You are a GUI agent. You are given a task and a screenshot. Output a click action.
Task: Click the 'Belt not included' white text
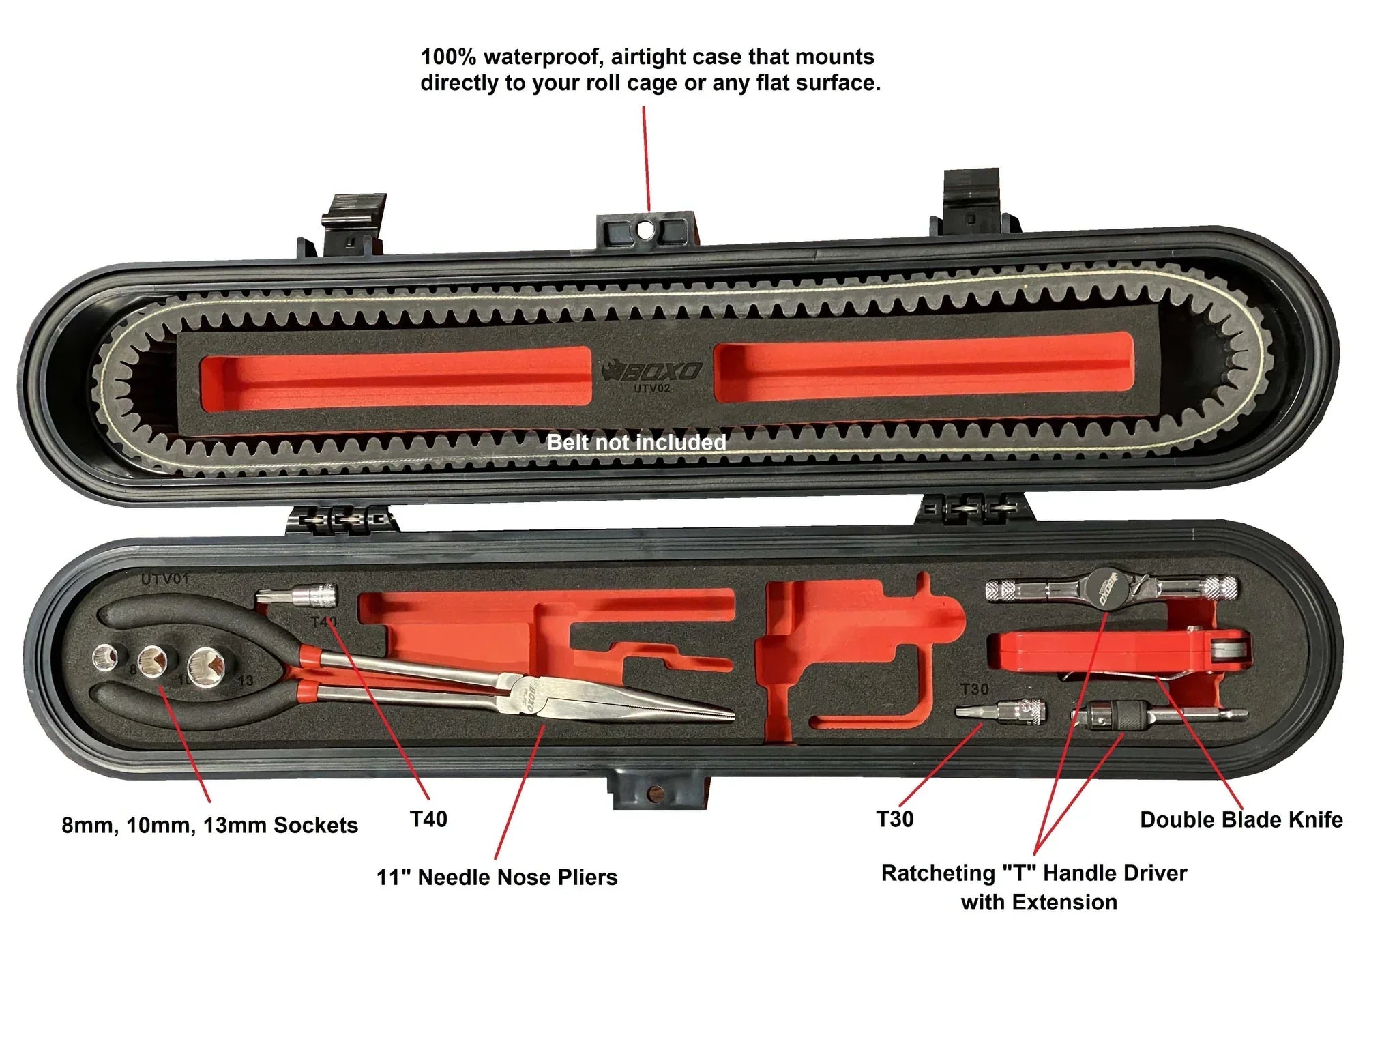point(636,442)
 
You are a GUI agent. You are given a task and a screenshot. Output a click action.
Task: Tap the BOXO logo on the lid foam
point(653,372)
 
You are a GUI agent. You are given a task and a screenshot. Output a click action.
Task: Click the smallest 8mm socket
point(106,656)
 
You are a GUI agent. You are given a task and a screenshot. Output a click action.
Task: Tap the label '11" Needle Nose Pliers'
point(497,877)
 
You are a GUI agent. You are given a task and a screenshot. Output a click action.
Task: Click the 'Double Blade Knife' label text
point(1241,819)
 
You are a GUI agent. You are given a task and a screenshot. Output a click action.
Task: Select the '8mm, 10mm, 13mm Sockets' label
point(209,825)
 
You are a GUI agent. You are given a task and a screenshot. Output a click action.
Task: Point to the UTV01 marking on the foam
point(164,579)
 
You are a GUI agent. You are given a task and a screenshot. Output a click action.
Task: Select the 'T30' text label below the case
point(894,819)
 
